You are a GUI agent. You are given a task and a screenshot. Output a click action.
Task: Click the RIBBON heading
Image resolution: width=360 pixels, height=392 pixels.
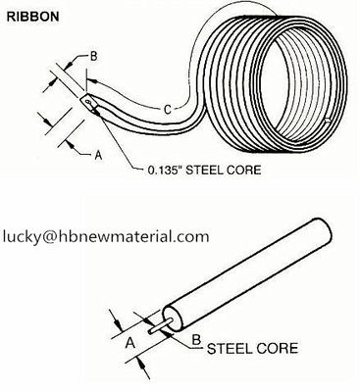[x=32, y=17]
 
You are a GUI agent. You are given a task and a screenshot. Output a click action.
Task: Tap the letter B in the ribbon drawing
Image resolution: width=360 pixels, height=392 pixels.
[x=94, y=57]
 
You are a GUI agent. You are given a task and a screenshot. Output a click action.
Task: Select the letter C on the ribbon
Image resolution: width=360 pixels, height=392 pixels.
[x=167, y=110]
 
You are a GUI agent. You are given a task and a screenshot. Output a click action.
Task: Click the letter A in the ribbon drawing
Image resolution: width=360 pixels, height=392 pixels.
[x=98, y=156]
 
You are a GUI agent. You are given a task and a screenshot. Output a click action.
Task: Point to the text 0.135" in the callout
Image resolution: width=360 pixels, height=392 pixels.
[x=164, y=170]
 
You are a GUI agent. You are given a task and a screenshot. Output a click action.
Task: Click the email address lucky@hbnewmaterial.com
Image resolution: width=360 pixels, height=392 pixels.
[x=106, y=236]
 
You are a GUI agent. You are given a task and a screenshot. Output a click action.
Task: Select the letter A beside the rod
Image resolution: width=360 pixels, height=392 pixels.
[x=130, y=343]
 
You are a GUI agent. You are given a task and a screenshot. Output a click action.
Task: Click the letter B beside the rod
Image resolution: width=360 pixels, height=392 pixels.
[x=196, y=340]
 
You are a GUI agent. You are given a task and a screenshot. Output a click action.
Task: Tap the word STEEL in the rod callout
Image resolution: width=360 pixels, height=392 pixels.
[x=228, y=349]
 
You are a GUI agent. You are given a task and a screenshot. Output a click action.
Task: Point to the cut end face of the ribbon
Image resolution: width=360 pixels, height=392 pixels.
[x=89, y=103]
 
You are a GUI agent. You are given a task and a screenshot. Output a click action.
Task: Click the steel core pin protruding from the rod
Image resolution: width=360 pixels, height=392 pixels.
[x=160, y=325]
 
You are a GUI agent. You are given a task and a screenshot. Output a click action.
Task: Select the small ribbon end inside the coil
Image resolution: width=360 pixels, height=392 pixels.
[x=327, y=122]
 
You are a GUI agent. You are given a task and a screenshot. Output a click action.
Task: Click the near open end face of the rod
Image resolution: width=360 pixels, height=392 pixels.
[x=174, y=318]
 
